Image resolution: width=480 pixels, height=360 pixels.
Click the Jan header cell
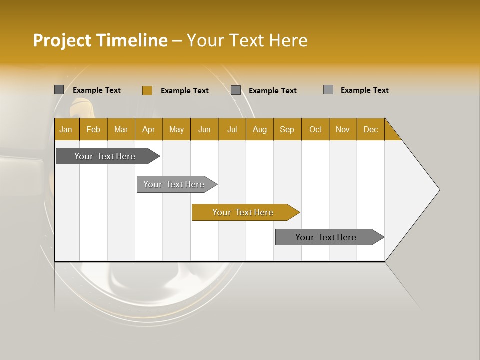tap(66, 129)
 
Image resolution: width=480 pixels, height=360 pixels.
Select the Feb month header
tap(93, 129)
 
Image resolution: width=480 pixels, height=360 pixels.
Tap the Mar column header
tap(121, 129)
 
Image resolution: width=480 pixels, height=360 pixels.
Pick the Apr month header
tap(149, 129)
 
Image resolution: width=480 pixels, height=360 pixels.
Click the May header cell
tap(176, 129)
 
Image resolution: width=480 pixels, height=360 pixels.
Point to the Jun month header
tap(204, 129)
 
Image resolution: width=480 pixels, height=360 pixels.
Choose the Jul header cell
tap(232, 129)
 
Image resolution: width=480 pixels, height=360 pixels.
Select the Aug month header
tap(260, 129)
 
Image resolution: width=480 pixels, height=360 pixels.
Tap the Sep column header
tap(287, 129)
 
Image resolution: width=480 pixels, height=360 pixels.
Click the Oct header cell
tap(315, 129)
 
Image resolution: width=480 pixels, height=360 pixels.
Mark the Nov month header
tap(343, 129)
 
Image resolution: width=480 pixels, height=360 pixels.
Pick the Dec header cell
tap(371, 129)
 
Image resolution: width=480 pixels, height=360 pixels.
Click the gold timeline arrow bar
tap(243, 212)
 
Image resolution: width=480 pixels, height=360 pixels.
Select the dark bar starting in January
tap(105, 156)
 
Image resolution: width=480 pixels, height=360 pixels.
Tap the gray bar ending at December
tap(326, 237)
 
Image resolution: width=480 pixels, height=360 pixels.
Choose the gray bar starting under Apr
tap(174, 184)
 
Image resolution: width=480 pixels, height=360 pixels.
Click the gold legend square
tap(147, 90)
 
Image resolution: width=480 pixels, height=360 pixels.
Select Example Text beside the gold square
tap(185, 91)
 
